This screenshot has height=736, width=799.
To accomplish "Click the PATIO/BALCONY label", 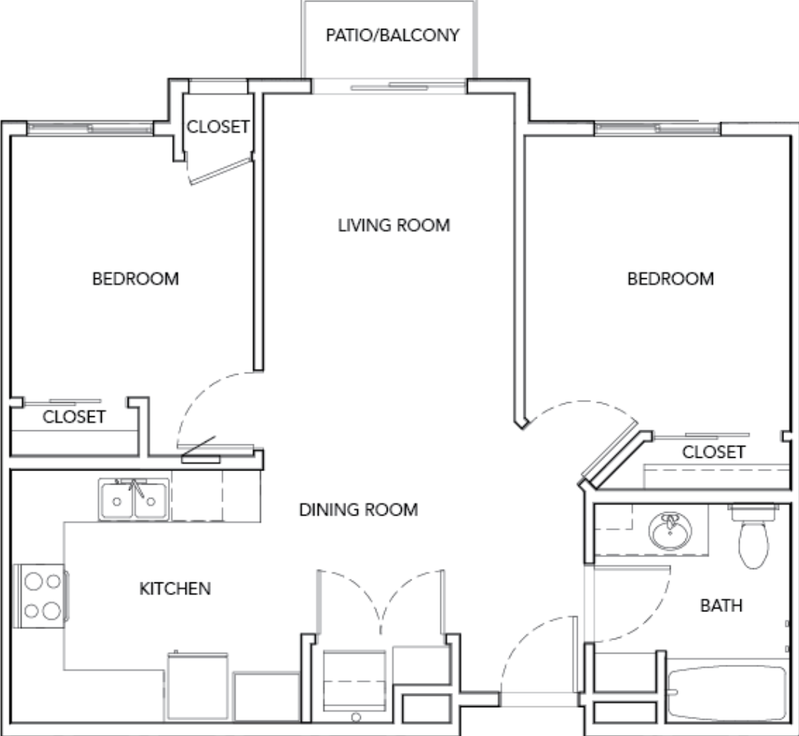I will pos(394,35).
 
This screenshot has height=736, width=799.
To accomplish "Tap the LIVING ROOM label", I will pos(394,225).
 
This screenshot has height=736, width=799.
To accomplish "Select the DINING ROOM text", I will pos(358,510).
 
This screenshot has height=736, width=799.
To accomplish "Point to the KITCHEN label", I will pos(175,589).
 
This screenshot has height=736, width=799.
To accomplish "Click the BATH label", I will pos(721,605).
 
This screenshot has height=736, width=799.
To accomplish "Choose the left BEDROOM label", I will pos(135,279).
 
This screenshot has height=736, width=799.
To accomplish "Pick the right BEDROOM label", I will pos(671,279).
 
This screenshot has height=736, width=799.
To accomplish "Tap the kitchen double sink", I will pos(134,499).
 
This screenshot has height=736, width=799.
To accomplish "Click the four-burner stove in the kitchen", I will pos(41,596).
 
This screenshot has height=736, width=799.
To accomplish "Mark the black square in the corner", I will pos(748,64).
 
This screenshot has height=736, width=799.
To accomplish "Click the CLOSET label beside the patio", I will pos(218,126).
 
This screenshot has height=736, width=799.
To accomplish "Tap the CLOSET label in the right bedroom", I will pos(713,452).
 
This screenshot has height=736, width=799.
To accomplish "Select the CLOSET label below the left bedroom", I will pos(74,417).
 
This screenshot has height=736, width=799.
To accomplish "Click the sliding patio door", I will pos(389,87).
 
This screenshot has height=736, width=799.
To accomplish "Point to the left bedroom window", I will pos(90,129).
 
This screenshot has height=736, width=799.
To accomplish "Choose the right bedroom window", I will pos(658,129).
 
